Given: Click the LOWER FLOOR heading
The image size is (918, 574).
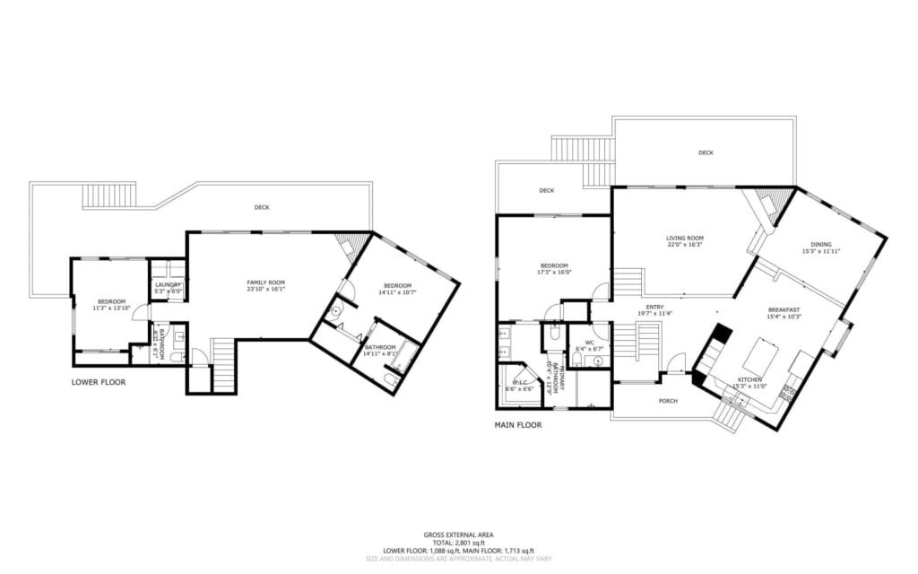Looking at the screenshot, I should tap(99, 382).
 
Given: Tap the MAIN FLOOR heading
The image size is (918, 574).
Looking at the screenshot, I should tap(518, 425).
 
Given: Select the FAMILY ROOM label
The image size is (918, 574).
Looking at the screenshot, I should tap(265, 283).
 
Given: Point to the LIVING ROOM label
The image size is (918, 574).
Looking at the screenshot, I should tap(684, 238).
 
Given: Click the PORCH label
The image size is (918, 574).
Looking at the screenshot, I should tap(667, 401).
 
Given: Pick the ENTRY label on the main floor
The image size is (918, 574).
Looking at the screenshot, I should tap(654, 306).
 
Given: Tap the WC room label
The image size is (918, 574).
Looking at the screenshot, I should tap(590, 342).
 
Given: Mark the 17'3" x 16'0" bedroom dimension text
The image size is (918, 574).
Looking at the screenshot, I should tap(554, 273).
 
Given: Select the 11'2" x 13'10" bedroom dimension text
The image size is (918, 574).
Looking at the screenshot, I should tap(112, 308).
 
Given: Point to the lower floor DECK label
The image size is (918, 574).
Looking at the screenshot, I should tap(261, 207).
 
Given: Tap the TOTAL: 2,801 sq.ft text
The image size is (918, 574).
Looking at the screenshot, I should tap(458, 543).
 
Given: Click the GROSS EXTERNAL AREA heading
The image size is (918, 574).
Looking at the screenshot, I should tap(458, 535).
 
